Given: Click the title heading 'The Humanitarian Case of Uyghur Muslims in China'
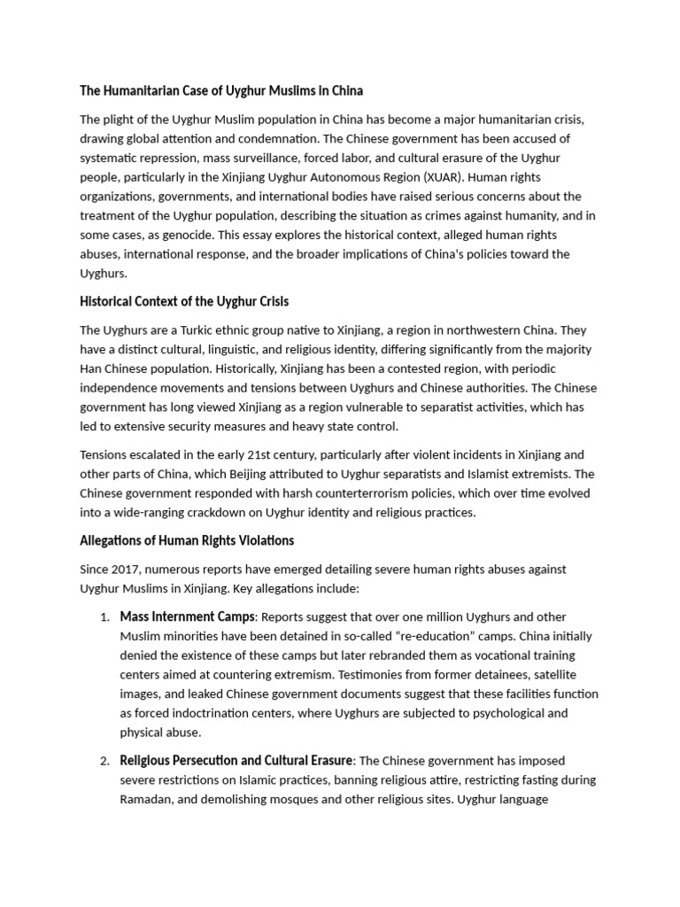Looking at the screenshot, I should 221,91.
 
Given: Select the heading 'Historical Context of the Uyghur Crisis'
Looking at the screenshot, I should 184,301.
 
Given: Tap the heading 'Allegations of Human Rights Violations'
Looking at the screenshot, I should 187,540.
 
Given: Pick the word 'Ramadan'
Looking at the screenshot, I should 149,799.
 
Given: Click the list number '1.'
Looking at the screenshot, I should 104,617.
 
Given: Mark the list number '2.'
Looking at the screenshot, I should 104,761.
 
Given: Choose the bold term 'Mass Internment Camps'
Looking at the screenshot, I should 187,616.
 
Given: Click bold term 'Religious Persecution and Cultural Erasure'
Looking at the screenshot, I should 236,760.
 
